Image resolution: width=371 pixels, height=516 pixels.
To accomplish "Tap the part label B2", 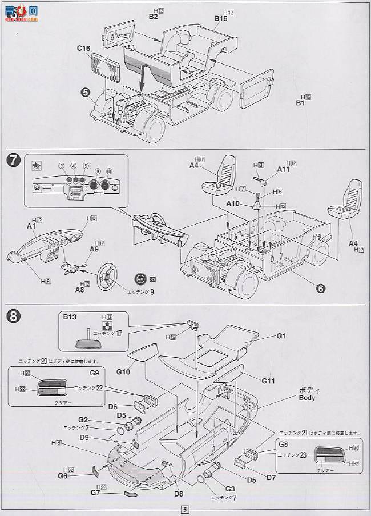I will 153,17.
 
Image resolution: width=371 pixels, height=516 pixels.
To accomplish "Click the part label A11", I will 284,169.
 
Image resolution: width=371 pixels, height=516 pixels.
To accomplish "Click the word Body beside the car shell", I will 307,398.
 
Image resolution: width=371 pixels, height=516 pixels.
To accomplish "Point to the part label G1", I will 281,336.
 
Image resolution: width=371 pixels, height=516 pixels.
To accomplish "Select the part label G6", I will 62,475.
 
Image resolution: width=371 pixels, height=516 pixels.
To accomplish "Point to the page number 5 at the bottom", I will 184,510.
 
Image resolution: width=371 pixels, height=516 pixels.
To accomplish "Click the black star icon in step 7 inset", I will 36,166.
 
